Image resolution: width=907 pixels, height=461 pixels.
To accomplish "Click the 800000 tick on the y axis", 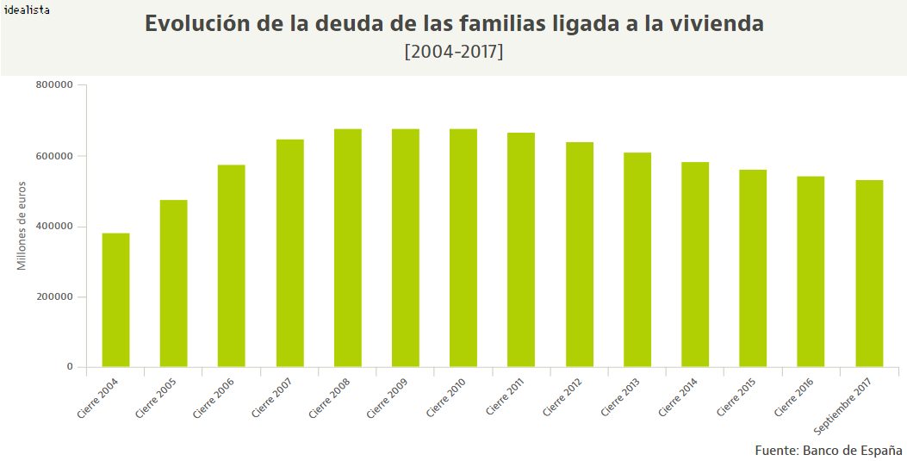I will tap(54, 85).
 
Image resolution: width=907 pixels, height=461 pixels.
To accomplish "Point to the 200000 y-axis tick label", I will tap(54, 297).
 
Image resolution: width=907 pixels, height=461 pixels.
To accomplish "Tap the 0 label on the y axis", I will tap(70, 368).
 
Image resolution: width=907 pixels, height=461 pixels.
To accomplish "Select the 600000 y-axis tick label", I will tap(54, 156).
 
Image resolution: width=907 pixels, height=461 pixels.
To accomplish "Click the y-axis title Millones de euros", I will tap(22, 226).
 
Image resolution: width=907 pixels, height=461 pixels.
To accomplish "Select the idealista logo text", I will tap(27, 10).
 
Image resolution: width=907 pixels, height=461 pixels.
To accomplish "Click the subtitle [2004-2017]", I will tap(453, 52).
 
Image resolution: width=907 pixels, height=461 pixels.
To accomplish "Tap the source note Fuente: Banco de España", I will tap(828, 451).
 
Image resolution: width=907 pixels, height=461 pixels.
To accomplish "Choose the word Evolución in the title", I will tap(197, 24).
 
